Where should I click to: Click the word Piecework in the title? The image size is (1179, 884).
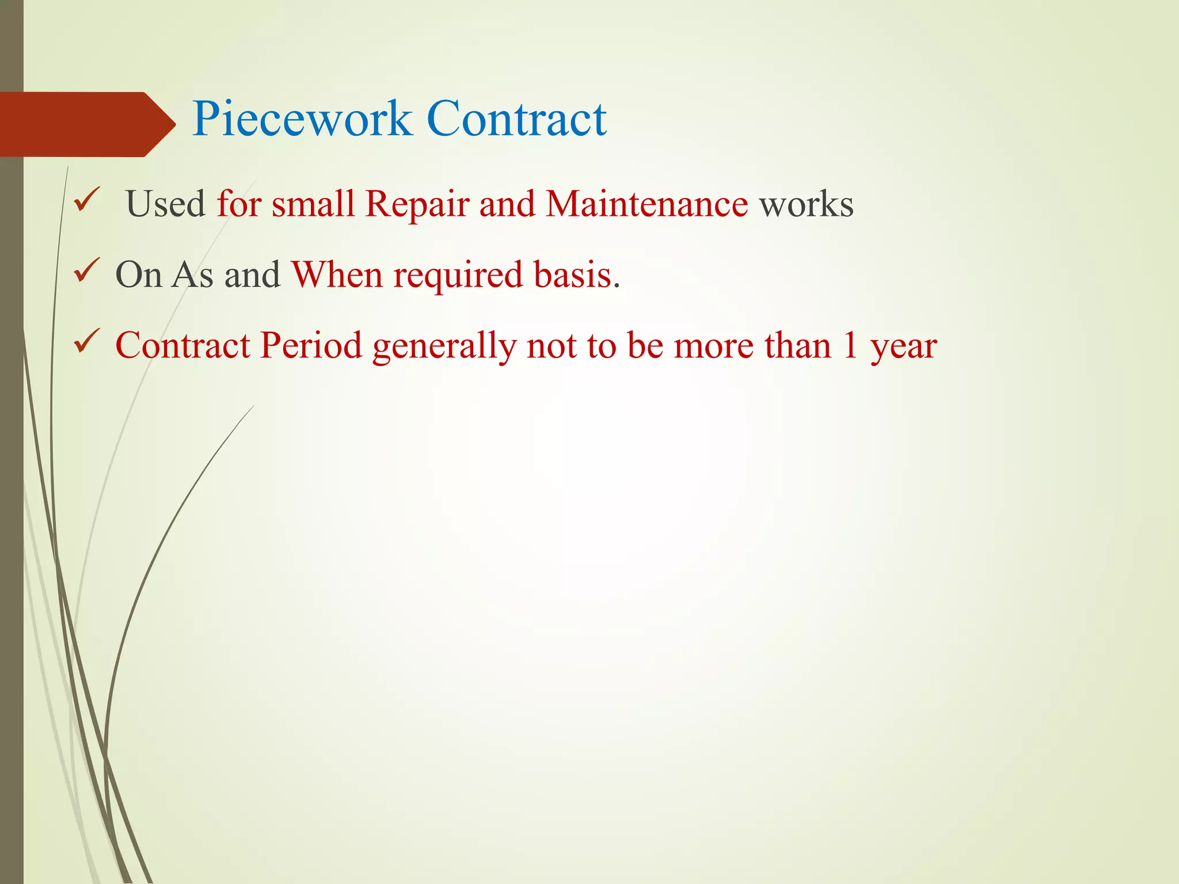click(302, 120)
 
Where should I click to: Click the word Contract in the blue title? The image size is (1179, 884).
click(516, 119)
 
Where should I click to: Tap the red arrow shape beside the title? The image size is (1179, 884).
click(86, 124)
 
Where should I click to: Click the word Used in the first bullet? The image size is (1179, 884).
click(165, 204)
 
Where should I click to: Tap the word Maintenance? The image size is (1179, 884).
click(646, 204)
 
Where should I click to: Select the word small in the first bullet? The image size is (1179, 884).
click(313, 204)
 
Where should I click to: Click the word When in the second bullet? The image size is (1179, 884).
click(337, 275)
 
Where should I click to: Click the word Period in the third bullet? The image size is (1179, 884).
click(311, 346)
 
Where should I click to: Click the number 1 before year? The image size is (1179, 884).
click(850, 346)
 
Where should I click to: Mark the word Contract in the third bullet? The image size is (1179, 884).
click(183, 346)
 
